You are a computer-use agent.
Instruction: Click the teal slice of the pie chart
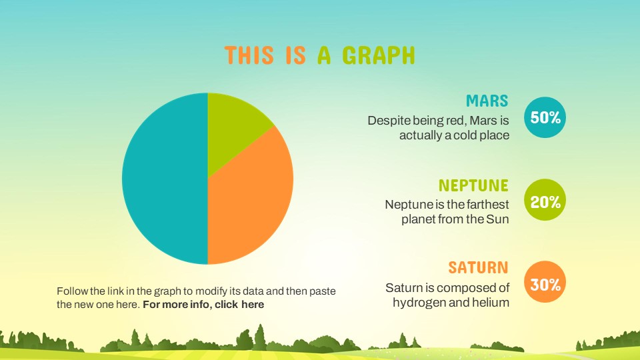pos(165,179)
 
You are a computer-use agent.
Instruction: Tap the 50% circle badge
pos(545,117)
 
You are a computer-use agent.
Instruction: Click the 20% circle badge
pos(545,200)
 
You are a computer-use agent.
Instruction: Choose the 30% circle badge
pos(545,282)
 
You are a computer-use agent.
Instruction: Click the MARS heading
pos(487,101)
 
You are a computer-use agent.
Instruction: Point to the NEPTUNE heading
pos(473,185)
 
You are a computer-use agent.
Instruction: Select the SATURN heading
pos(479,268)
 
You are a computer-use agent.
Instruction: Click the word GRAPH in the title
pos(379,55)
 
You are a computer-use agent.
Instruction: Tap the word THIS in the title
pos(249,55)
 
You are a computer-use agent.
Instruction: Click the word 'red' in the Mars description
pos(459,121)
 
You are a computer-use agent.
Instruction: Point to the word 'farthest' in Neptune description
pos(487,204)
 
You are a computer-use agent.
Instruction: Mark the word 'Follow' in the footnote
pos(72,291)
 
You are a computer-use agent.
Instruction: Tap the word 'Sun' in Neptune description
pos(497,219)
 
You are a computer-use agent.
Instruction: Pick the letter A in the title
pos(324,55)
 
